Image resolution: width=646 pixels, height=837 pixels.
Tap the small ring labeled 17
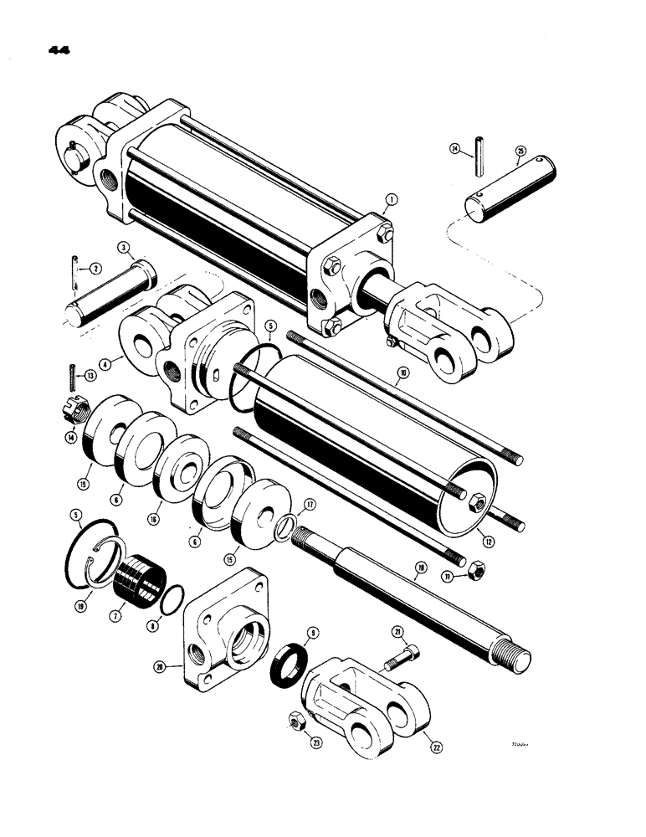285,528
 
